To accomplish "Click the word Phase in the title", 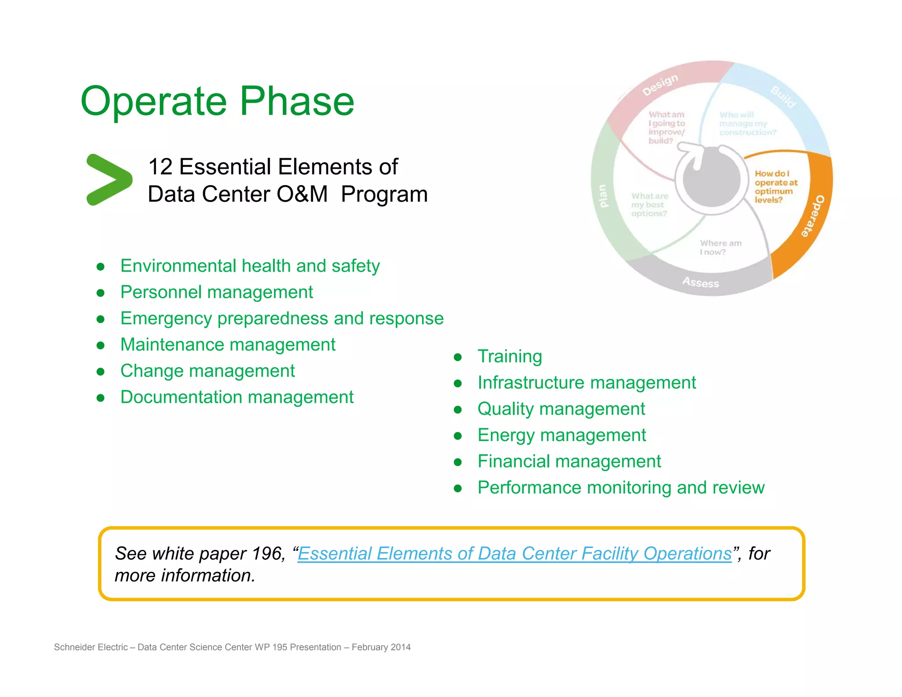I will (296, 101).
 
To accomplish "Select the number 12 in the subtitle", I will (160, 167).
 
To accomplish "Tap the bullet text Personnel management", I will (216, 292).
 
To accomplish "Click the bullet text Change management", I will (207, 371).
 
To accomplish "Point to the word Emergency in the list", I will (166, 319).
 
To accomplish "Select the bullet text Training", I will (510, 356).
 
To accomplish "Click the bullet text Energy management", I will (562, 435).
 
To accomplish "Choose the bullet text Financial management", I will (569, 461).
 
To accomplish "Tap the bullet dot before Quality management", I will (458, 410).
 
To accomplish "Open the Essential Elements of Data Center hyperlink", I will (514, 553).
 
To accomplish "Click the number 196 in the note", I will (267, 553).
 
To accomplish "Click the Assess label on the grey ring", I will (700, 282).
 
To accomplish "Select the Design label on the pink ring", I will (660, 85).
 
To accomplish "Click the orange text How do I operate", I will (775, 187).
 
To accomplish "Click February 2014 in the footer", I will (381, 647).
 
